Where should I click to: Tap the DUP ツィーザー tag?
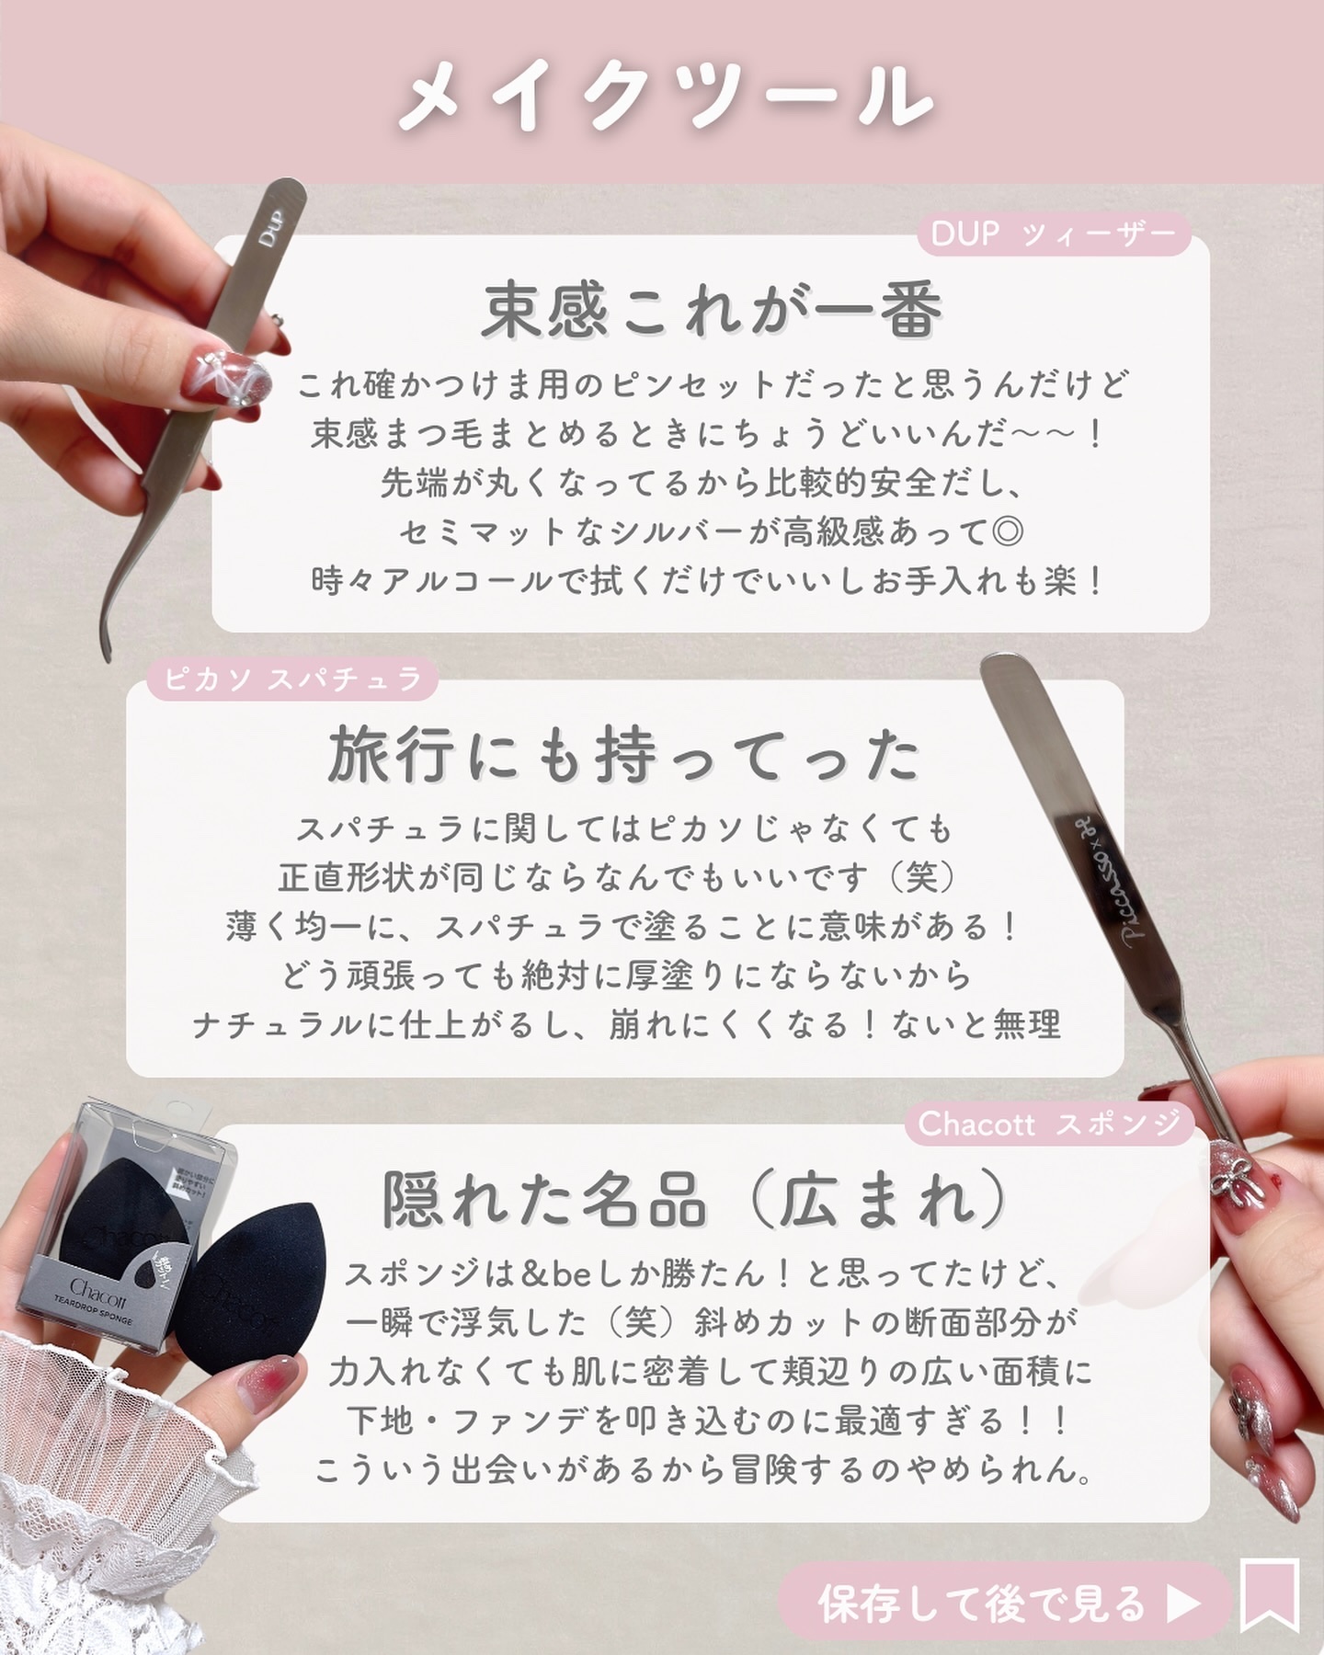[1054, 234]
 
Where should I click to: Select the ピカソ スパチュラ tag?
[292, 679]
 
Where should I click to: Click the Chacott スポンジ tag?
[1049, 1123]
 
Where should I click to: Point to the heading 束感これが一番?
[712, 310]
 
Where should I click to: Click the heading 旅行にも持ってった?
[624, 756]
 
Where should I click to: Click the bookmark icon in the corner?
[1270, 1594]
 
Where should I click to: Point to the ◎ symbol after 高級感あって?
[1010, 531]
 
